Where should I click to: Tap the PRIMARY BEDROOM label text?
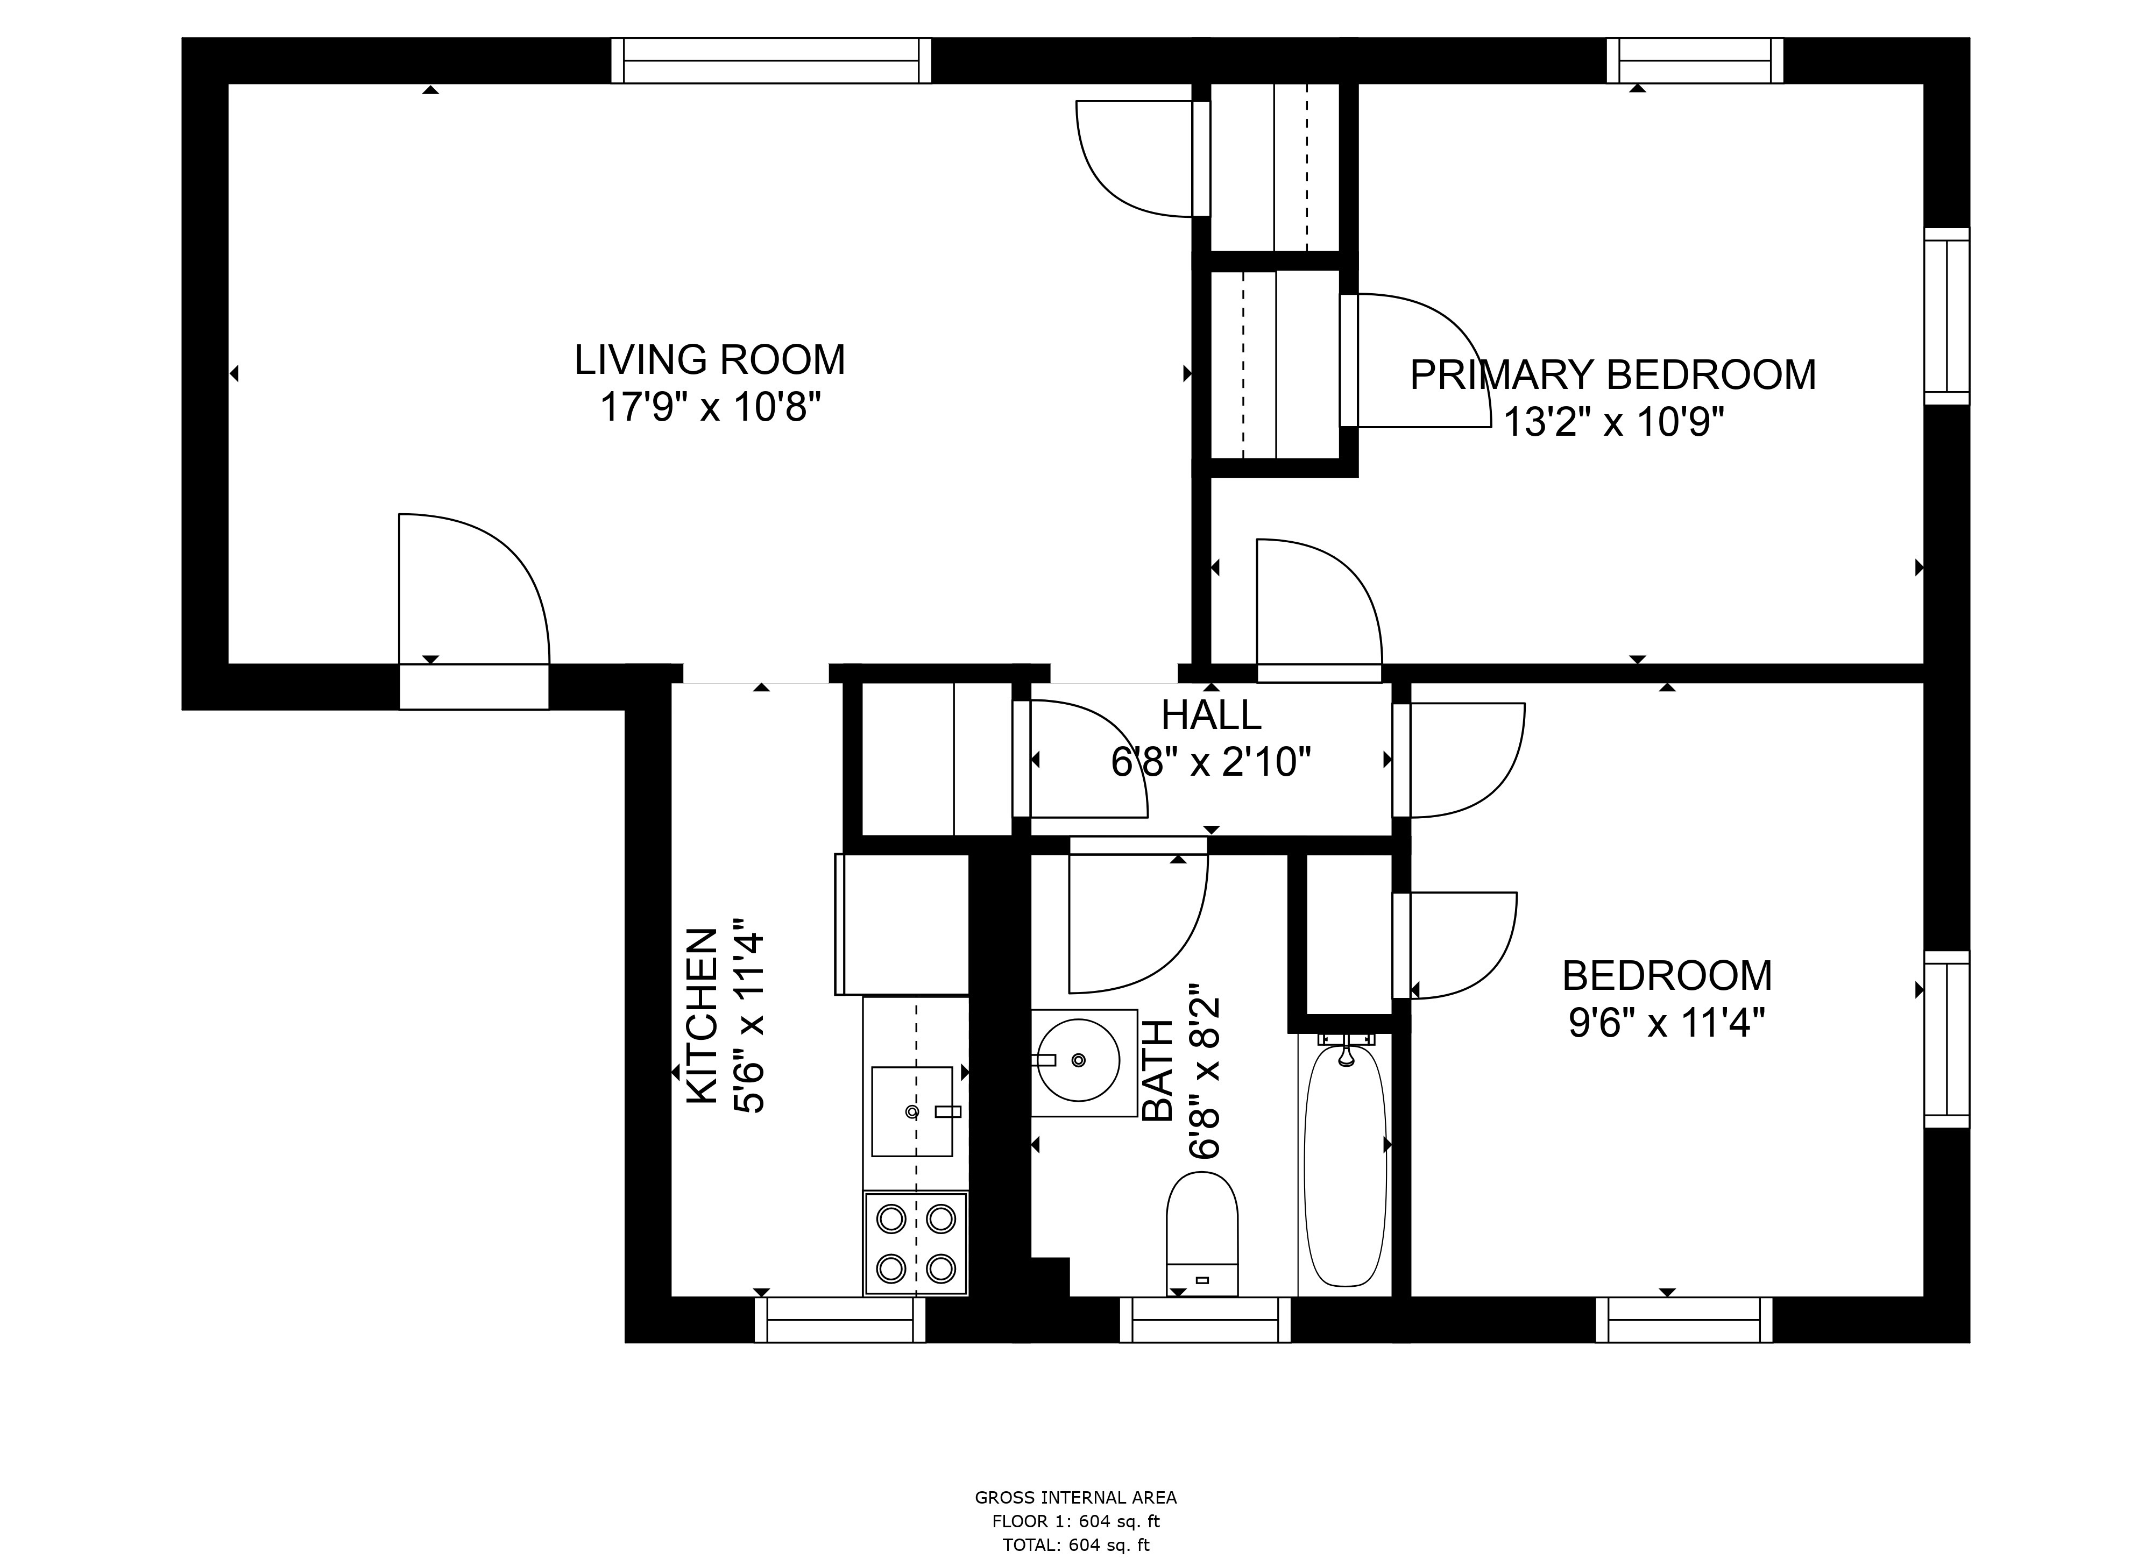(x=1612, y=375)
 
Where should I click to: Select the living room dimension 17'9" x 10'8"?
(x=710, y=408)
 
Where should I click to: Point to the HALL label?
(x=1210, y=714)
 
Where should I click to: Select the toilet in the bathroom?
(x=1202, y=1234)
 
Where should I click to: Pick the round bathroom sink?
(x=1078, y=1059)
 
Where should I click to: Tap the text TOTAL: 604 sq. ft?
(x=1076, y=1545)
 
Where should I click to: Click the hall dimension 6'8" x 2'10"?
(x=1210, y=762)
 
